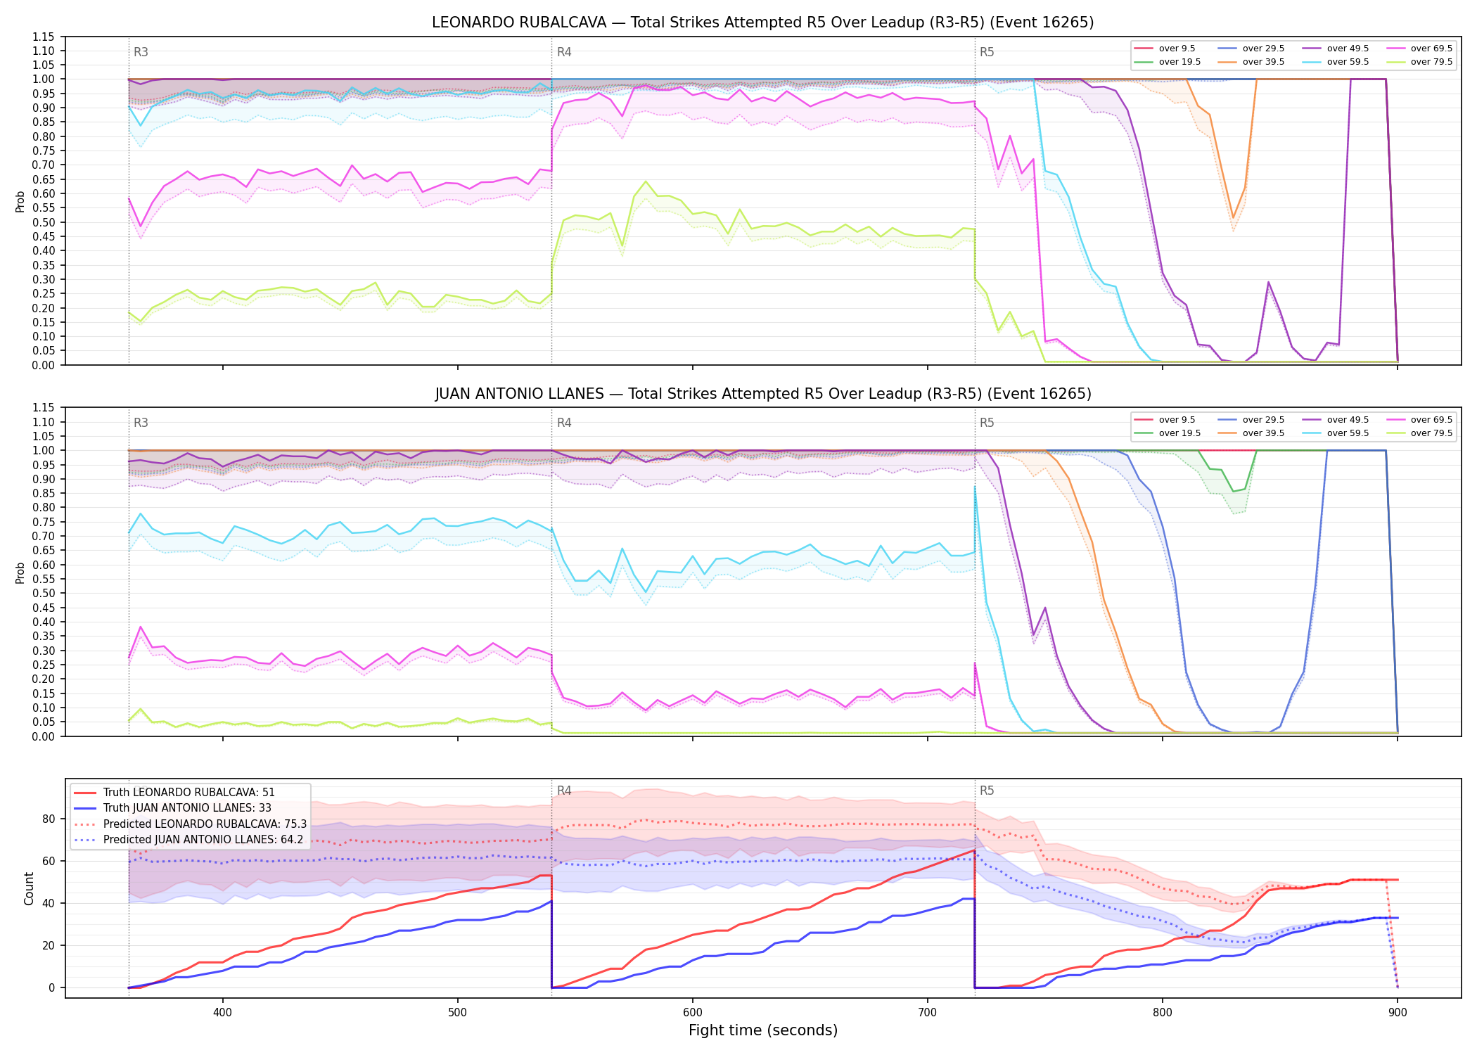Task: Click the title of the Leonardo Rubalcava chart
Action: pos(762,23)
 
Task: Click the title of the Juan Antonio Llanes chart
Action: pos(762,394)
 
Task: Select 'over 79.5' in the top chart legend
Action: pos(1431,62)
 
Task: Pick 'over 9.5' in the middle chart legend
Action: pos(1177,420)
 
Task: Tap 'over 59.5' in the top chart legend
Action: pos(1348,62)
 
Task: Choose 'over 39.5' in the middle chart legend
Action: pos(1263,433)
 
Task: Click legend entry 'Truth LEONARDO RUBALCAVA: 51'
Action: pos(189,792)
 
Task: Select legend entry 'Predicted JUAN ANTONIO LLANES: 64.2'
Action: pos(203,839)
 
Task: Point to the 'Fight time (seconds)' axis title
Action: pos(763,1030)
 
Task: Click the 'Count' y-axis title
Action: pos(29,888)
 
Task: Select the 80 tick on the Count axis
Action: pos(49,819)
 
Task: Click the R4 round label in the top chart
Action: pos(564,52)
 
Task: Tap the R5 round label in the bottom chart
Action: pos(987,791)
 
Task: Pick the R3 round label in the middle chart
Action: pos(141,423)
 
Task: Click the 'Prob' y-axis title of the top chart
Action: pos(20,201)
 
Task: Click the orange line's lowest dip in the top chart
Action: pos(1233,218)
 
